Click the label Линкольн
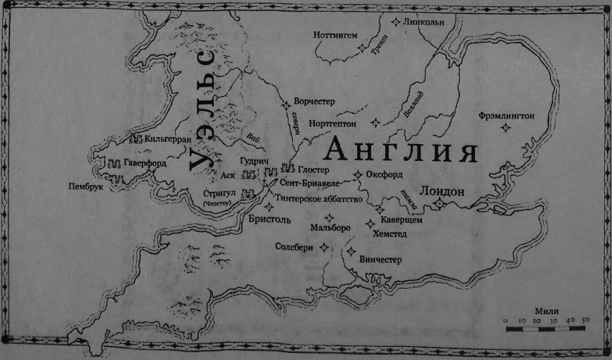coord(425,22)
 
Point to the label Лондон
coord(441,190)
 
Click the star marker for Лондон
coord(438,204)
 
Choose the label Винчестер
coord(376,260)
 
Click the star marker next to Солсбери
coord(324,247)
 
